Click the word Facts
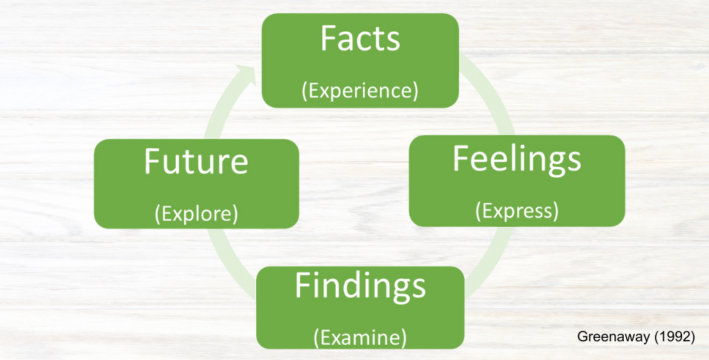click(360, 39)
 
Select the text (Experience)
click(360, 91)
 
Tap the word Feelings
click(517, 160)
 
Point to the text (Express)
click(517, 211)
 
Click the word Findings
click(360, 287)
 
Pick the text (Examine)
click(360, 337)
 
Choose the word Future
click(196, 161)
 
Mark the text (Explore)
click(196, 214)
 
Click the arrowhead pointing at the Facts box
click(246, 73)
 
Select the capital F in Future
click(152, 161)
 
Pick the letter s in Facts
click(393, 42)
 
